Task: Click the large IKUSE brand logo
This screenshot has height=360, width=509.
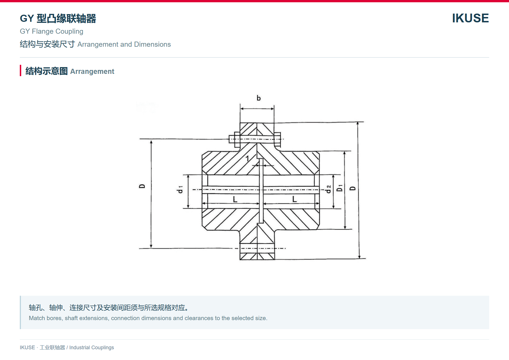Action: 470,18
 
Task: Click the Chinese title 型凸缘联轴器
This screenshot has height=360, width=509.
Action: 66,18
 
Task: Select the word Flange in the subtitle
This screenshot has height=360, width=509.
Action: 42,31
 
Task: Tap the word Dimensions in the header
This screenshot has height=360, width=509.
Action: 152,44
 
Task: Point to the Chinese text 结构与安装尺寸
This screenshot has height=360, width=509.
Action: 47,44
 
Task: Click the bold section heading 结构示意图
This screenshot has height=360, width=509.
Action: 46,71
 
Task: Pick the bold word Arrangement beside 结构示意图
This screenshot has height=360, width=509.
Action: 92,72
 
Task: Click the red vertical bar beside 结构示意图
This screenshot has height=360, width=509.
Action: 21,70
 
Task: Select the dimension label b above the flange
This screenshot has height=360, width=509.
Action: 258,98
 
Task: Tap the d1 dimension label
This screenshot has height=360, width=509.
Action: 180,189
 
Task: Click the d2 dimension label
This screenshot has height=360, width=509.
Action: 328,189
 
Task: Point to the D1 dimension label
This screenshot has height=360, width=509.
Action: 340,188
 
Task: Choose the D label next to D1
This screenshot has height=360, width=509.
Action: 353,188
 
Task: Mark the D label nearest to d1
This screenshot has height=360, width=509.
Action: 142,186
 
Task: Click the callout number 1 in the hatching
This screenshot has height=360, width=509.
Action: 247,158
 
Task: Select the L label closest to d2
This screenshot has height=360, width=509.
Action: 294,199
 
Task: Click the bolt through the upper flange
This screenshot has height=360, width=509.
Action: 255,139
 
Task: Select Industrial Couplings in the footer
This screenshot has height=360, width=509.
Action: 92,348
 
